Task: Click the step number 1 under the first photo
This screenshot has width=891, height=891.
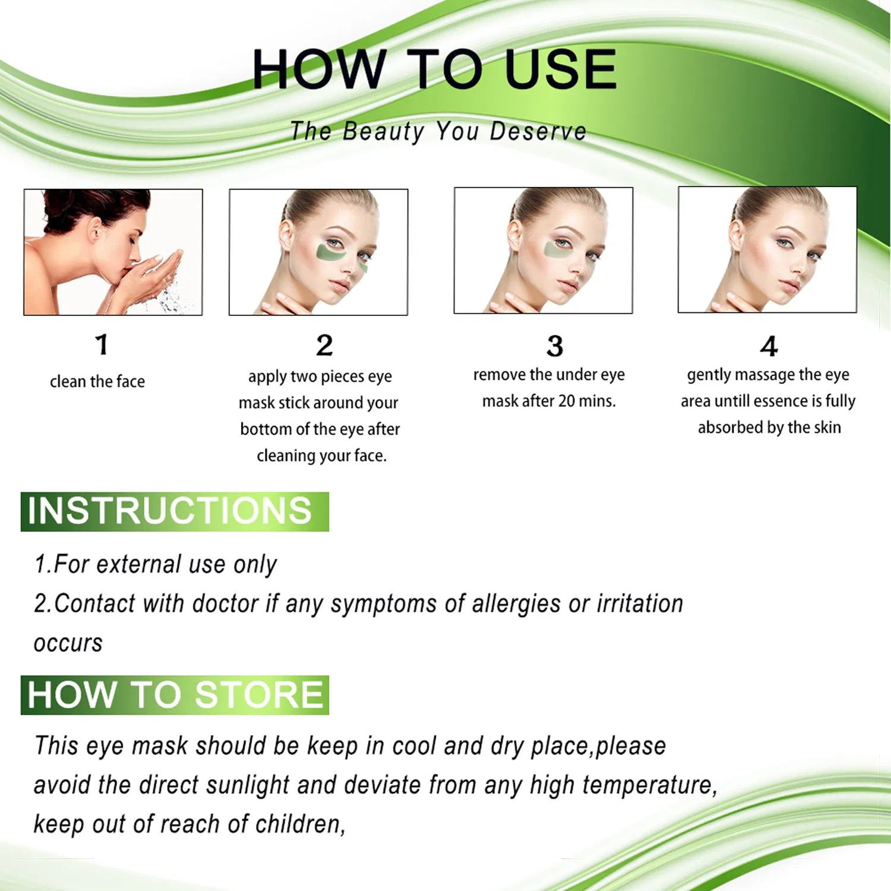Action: [x=102, y=345]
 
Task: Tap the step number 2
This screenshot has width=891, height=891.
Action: [x=324, y=346]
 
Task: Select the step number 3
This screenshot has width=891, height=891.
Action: [x=555, y=346]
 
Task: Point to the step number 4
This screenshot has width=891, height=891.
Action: [x=769, y=346]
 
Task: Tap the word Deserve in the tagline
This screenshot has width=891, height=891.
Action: [x=538, y=131]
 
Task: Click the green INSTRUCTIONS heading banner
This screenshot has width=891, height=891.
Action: [x=174, y=511]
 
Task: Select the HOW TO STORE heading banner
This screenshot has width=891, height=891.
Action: [x=174, y=695]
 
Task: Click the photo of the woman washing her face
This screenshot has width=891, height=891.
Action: [x=113, y=252]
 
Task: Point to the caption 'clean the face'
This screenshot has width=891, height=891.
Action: [x=97, y=381]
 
